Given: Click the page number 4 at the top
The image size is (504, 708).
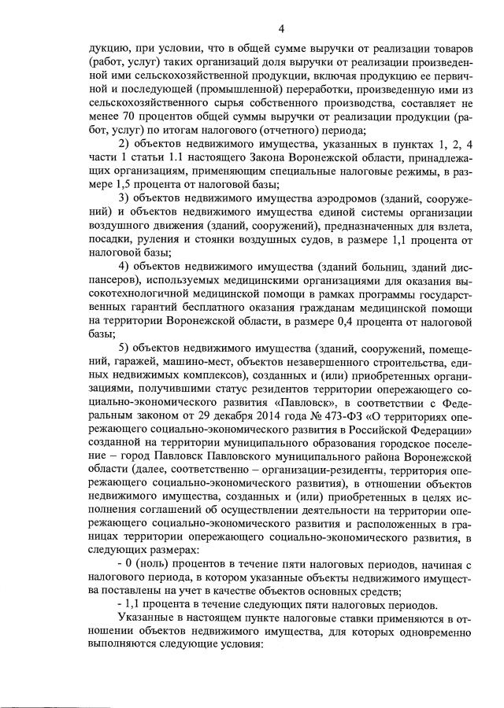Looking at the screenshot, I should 281,29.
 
